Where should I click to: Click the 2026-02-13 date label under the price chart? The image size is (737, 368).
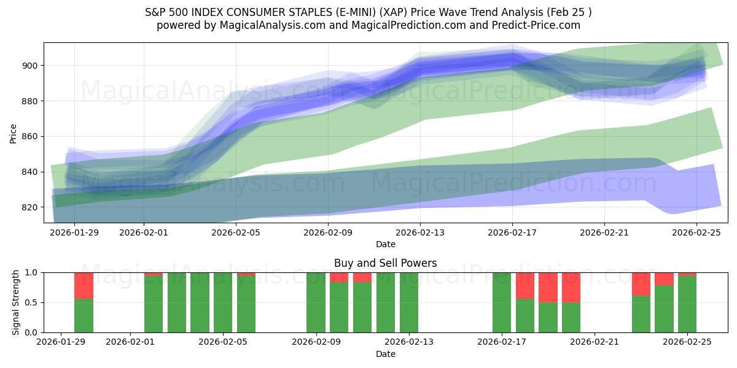click(420, 232)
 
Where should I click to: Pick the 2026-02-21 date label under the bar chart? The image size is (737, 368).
click(595, 342)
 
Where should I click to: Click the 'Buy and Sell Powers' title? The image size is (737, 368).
click(385, 263)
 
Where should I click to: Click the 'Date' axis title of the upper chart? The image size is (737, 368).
click(385, 244)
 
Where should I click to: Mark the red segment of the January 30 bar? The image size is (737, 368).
click(84, 285)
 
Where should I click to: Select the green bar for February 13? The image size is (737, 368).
click(409, 302)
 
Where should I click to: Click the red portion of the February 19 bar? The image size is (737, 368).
click(548, 287)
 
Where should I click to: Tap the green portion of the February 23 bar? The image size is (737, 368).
click(641, 314)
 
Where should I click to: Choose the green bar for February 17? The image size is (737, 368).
click(502, 302)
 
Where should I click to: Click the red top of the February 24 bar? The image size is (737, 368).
click(664, 278)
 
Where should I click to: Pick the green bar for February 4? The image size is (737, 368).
click(200, 302)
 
